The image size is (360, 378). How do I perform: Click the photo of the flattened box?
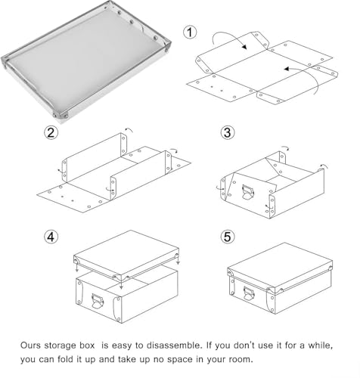tap(87, 64)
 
